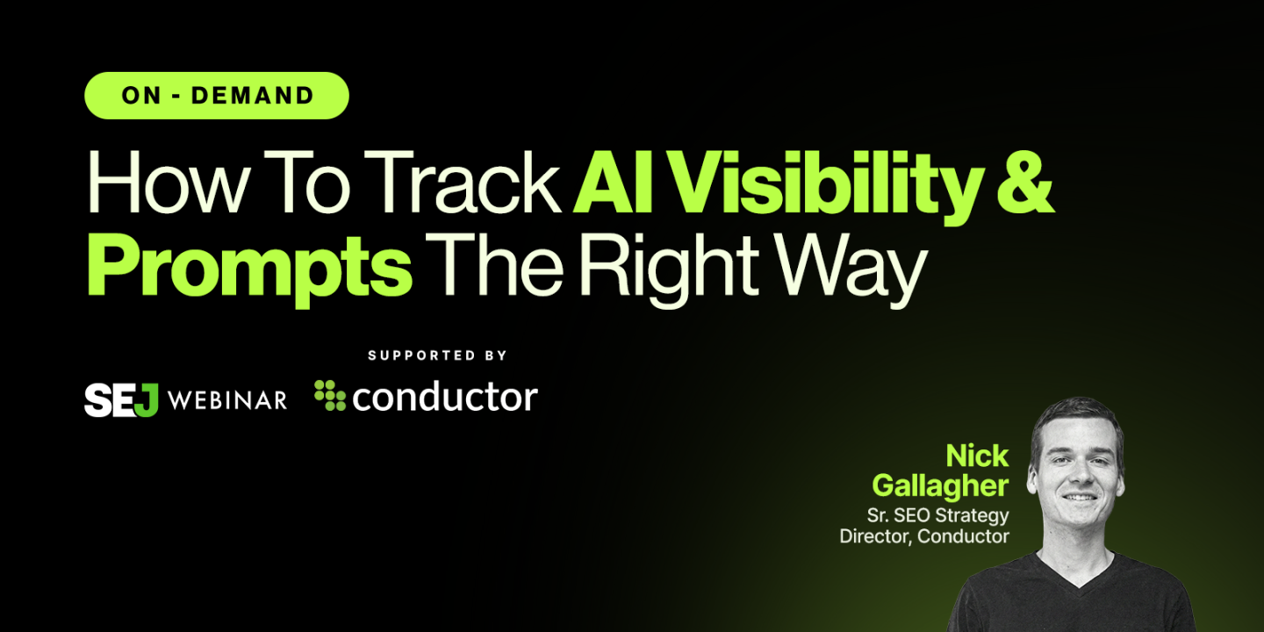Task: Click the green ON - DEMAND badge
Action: (217, 96)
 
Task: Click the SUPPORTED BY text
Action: (437, 355)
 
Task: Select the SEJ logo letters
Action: (121, 399)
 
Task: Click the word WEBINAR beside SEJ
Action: (226, 400)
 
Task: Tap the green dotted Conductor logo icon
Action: (330, 396)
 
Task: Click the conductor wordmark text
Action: (444, 398)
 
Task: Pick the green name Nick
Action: (977, 456)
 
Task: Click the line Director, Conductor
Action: (924, 535)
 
